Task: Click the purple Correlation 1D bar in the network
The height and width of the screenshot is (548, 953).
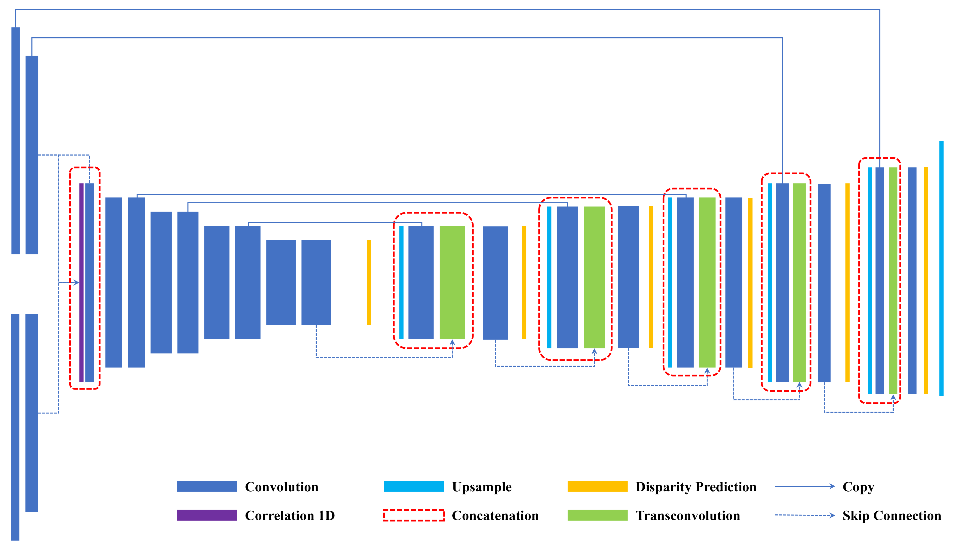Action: click(81, 282)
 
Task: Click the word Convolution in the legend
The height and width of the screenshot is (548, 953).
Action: click(281, 487)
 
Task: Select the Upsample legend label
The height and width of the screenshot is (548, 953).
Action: click(482, 487)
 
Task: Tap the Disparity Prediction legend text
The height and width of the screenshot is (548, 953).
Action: click(696, 487)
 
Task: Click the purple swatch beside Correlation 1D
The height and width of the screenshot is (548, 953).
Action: click(207, 515)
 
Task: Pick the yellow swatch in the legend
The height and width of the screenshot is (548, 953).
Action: click(597, 486)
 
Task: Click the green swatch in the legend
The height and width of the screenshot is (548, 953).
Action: click(597, 515)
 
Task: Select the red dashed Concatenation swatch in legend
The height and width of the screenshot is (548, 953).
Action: click(414, 515)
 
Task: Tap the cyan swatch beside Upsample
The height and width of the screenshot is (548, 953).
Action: click(414, 486)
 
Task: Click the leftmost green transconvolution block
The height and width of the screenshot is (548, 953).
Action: click(452, 282)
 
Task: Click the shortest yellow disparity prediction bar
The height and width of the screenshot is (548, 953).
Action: click(369, 282)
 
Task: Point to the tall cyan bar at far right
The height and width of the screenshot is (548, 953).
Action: click(941, 268)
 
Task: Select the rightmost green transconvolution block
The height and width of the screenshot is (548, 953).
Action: click(893, 280)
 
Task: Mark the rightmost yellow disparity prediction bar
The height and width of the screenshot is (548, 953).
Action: click(926, 280)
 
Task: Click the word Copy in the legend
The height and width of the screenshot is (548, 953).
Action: click(858, 487)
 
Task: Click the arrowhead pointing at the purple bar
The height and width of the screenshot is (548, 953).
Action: click(77, 282)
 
